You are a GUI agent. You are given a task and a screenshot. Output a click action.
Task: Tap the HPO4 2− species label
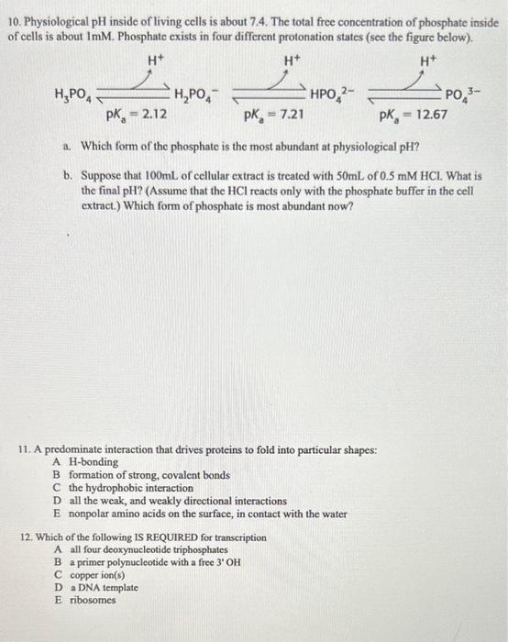(x=333, y=94)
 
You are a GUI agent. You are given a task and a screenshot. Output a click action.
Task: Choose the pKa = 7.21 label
(x=273, y=116)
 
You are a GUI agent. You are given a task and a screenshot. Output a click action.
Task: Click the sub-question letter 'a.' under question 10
(x=69, y=146)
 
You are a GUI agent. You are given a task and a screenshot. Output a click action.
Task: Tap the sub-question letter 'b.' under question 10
(x=69, y=173)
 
